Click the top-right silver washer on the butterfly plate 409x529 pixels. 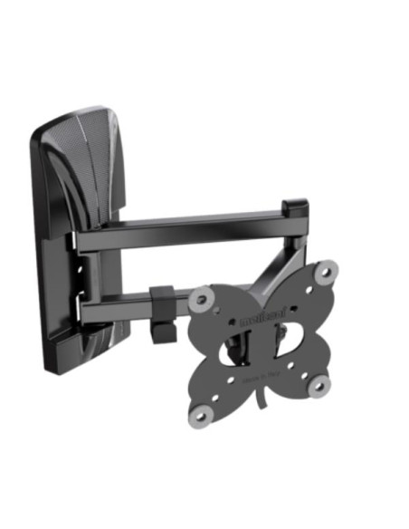pyautogui.click(x=328, y=270)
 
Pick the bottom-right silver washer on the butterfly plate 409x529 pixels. pyautogui.click(x=319, y=387)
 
